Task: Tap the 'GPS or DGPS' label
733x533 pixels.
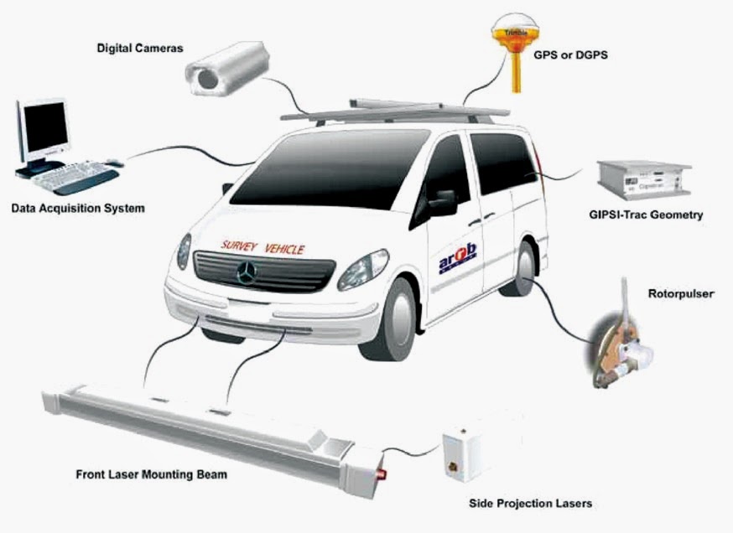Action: click(570, 55)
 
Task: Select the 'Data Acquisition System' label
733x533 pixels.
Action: click(78, 207)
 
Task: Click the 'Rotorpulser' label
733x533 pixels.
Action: click(678, 294)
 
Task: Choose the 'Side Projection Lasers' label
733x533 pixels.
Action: click(530, 503)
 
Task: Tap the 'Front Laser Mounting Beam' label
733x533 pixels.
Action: click(151, 474)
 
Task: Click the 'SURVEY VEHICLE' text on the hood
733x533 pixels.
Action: click(263, 247)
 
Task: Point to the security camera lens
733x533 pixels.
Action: click(205, 79)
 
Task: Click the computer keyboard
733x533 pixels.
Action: click(75, 177)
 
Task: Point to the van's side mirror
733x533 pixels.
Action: click(442, 202)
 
